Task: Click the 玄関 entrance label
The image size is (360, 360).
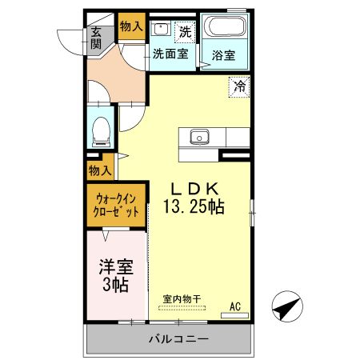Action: pos(96,38)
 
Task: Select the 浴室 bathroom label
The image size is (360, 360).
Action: pos(223,56)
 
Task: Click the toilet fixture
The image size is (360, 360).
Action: pos(102,130)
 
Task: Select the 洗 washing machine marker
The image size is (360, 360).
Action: pos(185,33)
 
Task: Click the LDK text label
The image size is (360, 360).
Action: pos(193,190)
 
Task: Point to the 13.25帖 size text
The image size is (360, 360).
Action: pos(194,206)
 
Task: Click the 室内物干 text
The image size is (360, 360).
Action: pos(182,299)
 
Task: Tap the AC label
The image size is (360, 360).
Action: pos(236,305)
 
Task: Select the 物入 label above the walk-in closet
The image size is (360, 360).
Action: pos(100,170)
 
